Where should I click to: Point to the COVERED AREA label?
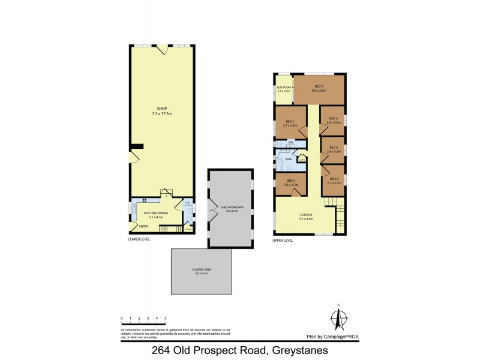pos(206,271)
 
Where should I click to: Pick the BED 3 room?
pos(290,182)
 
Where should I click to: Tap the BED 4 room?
pos(332,120)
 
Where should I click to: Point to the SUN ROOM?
pos(283,89)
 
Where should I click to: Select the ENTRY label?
pos(143,226)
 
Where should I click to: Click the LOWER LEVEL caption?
pos(139,239)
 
